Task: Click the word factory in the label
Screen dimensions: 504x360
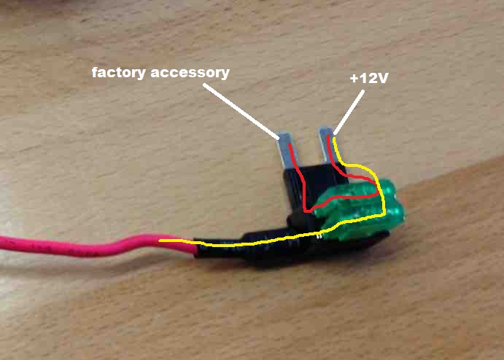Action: [119, 73]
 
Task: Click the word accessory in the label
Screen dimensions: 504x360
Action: [190, 73]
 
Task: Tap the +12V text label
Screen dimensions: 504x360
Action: [369, 78]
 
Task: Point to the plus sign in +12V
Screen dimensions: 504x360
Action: [354, 79]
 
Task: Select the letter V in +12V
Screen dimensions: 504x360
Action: [382, 78]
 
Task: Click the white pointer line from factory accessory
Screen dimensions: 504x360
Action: [241, 111]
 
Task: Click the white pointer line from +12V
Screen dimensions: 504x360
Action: [349, 112]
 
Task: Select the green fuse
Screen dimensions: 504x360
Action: [360, 208]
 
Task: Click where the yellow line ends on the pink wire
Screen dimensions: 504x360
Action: [160, 240]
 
